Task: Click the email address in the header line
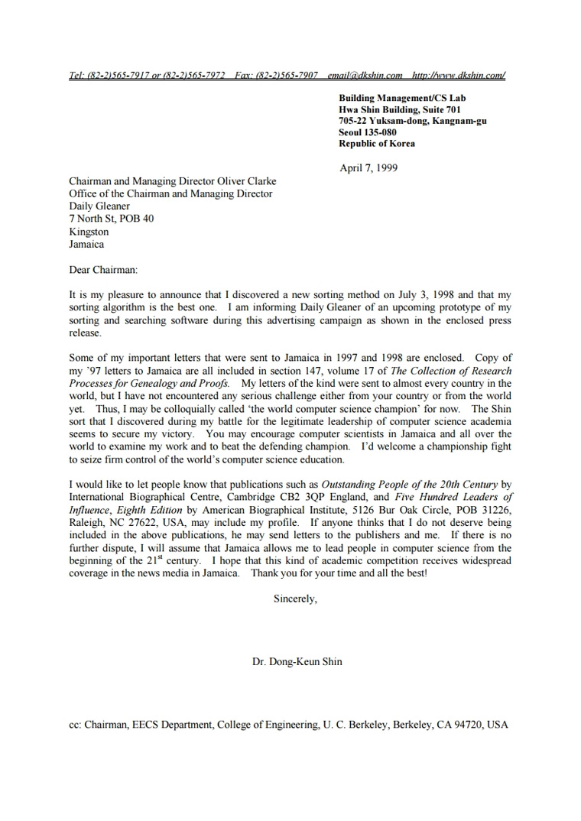point(365,75)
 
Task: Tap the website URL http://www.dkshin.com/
point(458,75)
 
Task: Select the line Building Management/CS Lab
point(402,98)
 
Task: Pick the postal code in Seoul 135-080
point(380,132)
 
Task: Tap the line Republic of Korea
point(377,144)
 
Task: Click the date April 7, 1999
point(368,168)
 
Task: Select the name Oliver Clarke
point(245,181)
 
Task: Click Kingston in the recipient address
point(89,232)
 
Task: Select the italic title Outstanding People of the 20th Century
point(409,484)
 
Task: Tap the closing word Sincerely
point(294,599)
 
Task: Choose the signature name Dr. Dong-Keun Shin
point(297,661)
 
